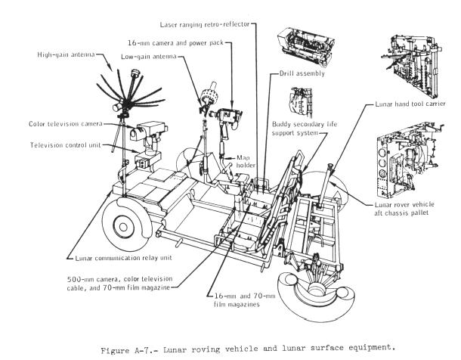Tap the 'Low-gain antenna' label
pyautogui.click(x=149, y=57)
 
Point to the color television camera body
pyautogui.click(x=144, y=133)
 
